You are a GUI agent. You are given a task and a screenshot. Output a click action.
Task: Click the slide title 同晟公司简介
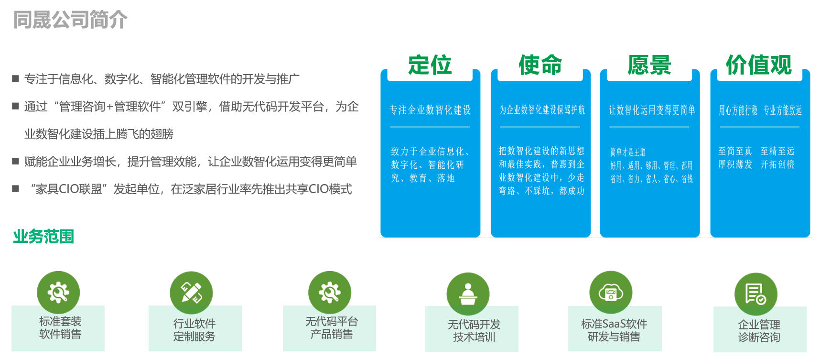tap(70, 20)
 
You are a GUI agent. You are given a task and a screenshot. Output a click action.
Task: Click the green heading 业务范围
tap(43, 236)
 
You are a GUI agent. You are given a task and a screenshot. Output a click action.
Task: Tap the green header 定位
tap(430, 65)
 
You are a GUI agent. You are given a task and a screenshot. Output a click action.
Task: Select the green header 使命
tap(540, 65)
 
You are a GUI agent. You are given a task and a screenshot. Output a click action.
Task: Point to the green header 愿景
tap(649, 65)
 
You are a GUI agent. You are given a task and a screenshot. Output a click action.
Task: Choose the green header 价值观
tap(759, 65)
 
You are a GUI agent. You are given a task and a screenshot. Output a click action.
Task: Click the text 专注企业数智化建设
tap(430, 110)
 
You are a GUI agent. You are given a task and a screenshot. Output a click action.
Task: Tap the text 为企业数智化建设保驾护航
tap(542, 110)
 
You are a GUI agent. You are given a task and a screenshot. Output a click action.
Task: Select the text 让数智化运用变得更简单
tap(652, 110)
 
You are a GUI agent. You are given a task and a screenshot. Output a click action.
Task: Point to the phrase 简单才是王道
tap(628, 152)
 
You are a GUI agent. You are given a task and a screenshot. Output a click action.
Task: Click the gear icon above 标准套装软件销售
tap(58, 293)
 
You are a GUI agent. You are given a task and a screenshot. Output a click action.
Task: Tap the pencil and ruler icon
tap(191, 293)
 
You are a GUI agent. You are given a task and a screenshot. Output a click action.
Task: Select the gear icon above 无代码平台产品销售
tap(330, 293)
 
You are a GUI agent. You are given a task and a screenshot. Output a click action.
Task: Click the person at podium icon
tap(468, 294)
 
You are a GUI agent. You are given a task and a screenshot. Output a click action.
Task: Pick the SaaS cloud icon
tap(611, 293)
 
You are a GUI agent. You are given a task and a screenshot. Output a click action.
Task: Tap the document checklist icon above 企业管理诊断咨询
tap(756, 294)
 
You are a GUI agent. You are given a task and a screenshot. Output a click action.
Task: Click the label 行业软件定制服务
tap(194, 330)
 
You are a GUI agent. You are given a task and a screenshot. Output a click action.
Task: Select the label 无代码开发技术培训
tap(474, 331)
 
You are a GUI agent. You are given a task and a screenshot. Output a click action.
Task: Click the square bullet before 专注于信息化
tap(16, 78)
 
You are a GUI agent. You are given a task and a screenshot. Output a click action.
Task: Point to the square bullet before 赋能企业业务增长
tap(16, 162)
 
